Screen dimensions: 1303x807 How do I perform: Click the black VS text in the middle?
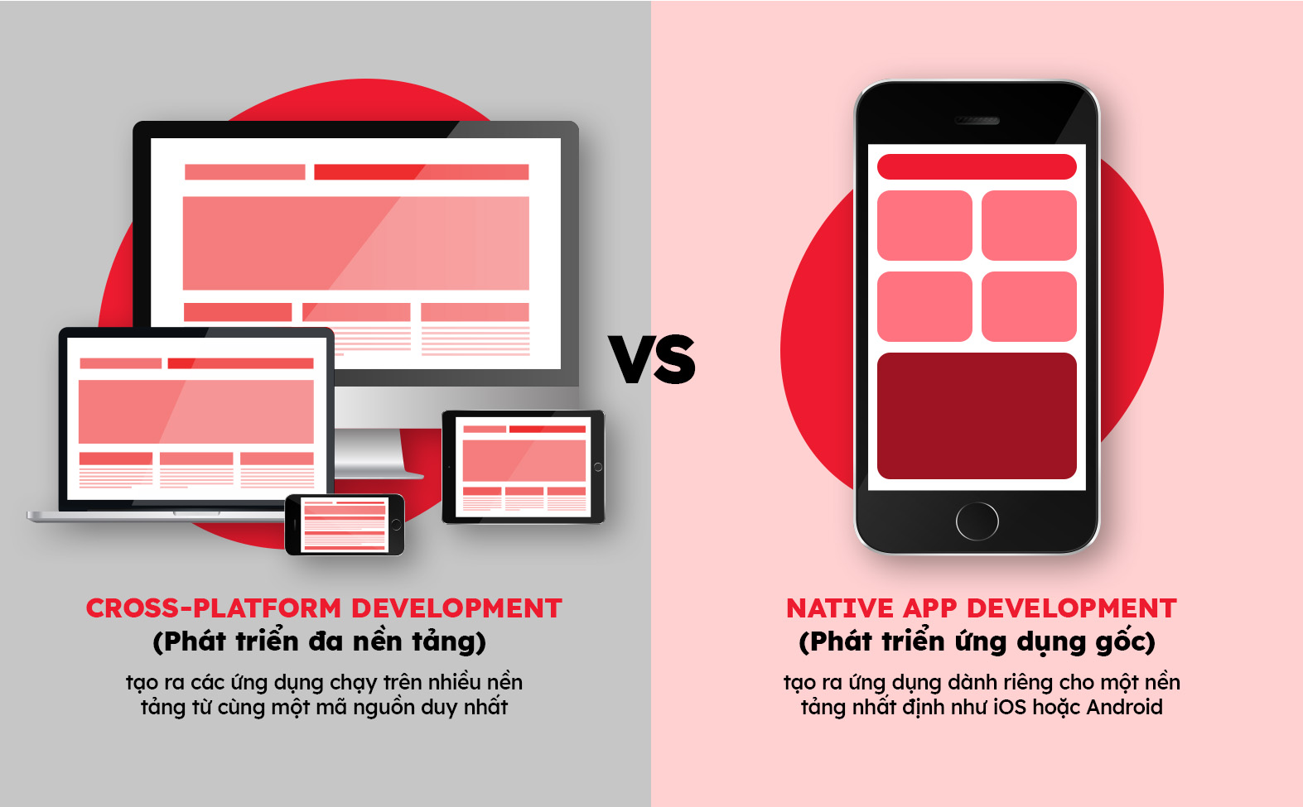coord(652,358)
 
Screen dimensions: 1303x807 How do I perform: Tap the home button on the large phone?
coord(977,521)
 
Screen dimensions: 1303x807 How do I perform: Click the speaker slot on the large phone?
coord(977,120)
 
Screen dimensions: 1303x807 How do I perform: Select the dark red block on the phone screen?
coord(977,416)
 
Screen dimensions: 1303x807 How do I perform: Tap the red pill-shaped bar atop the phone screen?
coord(977,167)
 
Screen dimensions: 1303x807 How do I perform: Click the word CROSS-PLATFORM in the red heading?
coord(214,608)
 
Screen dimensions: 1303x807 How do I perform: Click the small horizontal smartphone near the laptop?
coord(345,525)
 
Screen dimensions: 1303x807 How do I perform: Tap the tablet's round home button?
coord(597,467)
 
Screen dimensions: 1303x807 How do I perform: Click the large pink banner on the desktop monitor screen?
coord(356,243)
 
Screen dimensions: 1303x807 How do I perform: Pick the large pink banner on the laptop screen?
coord(196,411)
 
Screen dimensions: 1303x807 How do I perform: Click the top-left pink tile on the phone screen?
coord(924,226)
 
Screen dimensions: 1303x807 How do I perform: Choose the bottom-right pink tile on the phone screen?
coord(1029,306)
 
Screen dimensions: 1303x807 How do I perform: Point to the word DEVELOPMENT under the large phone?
coord(1072,608)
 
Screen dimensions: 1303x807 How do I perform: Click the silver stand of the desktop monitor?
coord(369,431)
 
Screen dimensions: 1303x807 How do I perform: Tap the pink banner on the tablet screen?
coord(524,460)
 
